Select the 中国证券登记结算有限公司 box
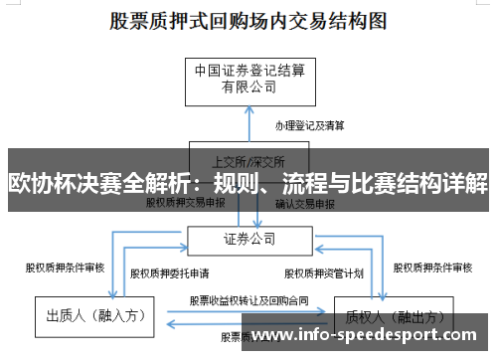248,79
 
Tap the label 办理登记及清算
310,125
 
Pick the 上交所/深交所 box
248,159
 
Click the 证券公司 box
248,239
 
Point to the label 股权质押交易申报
186,202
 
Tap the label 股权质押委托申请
169,271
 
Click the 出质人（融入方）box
96,316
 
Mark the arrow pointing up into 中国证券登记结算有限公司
248,111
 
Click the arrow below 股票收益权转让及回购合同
248,320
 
